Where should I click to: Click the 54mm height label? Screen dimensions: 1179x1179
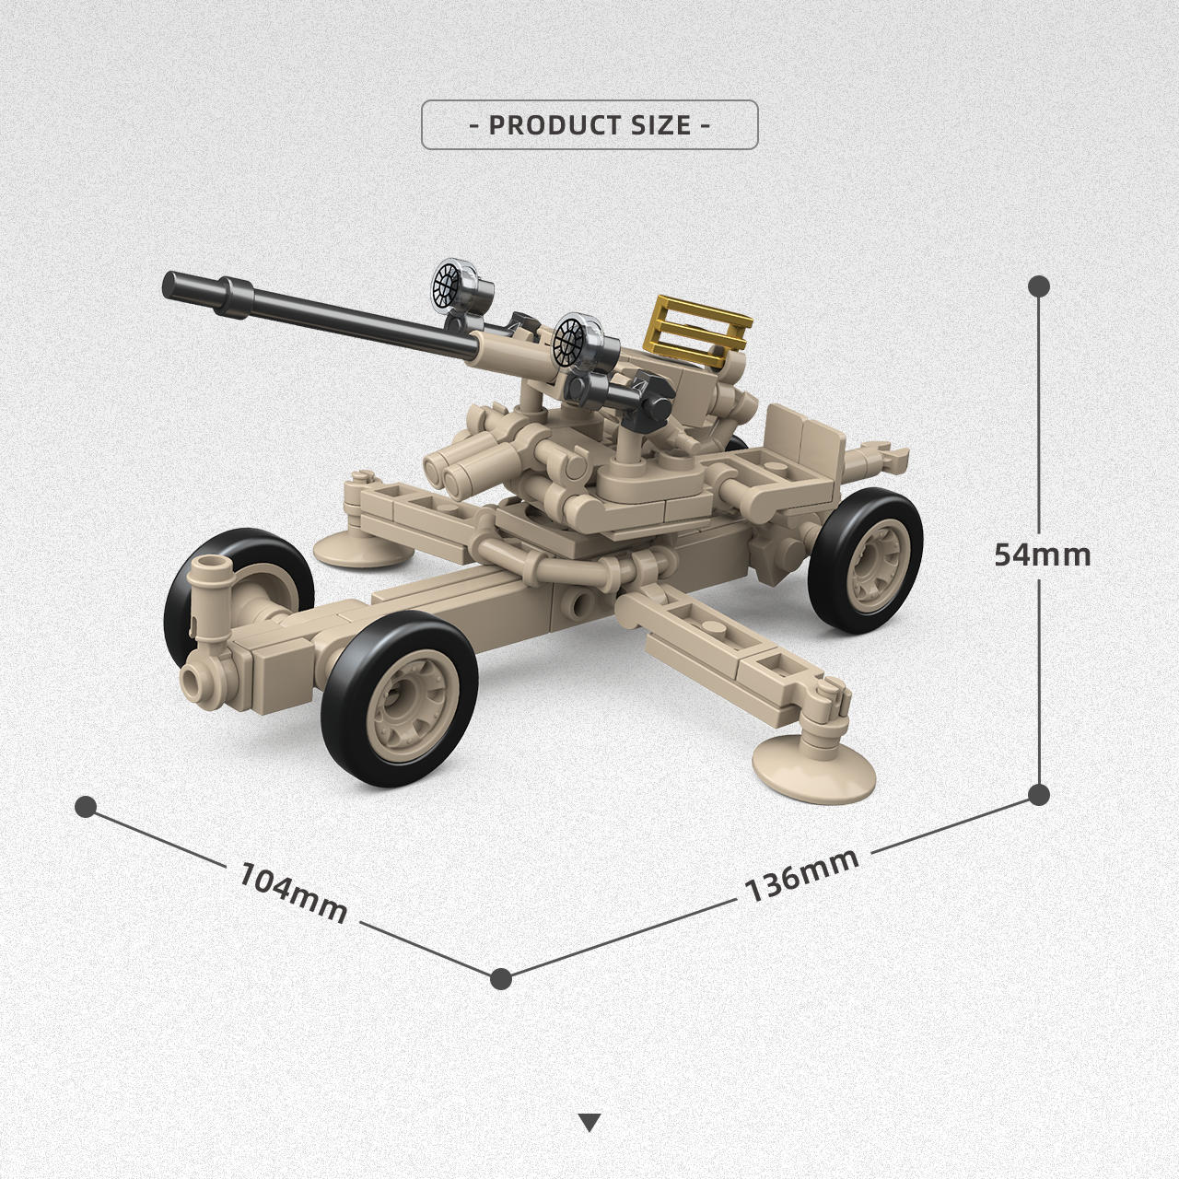tap(1042, 554)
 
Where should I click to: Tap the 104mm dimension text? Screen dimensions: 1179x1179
tap(294, 891)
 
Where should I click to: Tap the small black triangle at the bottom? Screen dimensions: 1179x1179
tap(590, 1122)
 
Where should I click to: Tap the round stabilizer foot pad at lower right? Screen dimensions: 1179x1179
tap(813, 764)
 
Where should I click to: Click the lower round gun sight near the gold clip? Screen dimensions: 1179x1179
tap(578, 341)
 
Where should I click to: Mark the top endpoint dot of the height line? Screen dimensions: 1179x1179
tap(1039, 286)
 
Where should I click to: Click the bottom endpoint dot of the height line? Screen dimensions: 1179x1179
tap(1039, 794)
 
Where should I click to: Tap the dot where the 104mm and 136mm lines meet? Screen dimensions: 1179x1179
tap(501, 978)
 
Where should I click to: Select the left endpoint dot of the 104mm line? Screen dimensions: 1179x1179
tap(86, 807)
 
